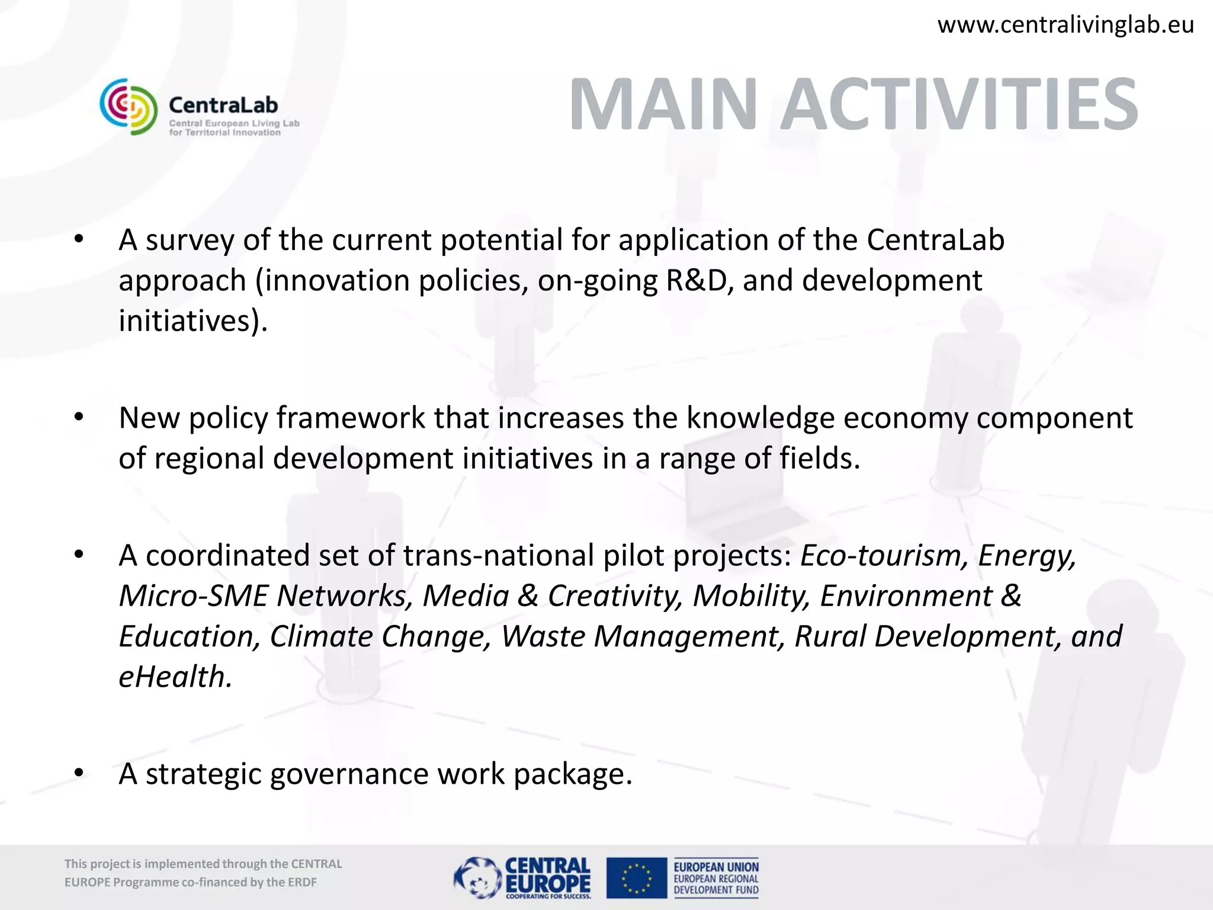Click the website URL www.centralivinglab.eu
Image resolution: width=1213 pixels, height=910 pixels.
(1065, 25)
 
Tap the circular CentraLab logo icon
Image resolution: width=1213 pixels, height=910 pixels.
(129, 107)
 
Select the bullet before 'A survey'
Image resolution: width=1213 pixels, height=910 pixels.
(79, 240)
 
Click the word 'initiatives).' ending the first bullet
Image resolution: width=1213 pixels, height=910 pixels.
(193, 321)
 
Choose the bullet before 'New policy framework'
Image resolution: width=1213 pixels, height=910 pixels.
(79, 418)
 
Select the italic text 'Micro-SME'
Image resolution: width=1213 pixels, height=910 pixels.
(193, 596)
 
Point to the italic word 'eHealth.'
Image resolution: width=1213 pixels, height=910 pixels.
(175, 677)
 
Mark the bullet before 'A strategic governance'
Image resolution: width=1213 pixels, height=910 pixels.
(79, 774)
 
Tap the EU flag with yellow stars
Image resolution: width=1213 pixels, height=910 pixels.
(636, 877)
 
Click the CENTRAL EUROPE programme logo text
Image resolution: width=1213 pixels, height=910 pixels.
(547, 875)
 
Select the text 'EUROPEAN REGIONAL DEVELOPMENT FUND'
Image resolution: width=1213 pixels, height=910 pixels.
(715, 884)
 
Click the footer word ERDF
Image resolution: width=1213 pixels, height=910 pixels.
(302, 882)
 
